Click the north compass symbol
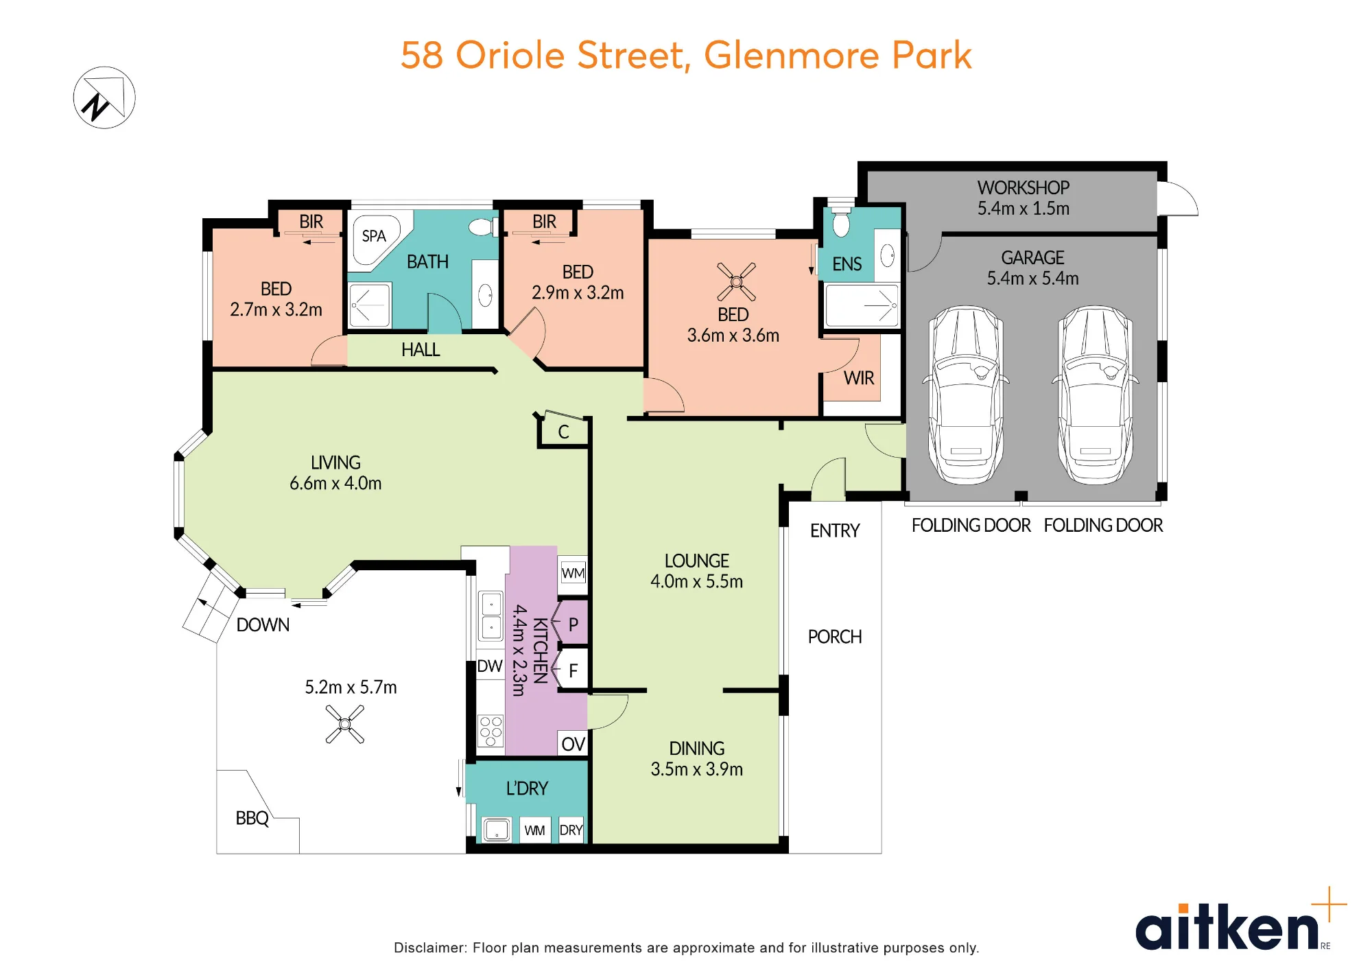point(104,97)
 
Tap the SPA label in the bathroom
point(374,236)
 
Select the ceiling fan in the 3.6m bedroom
point(736,281)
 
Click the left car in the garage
point(966,395)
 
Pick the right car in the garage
point(1096,395)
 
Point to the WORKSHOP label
point(1024,187)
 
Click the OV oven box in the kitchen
point(573,744)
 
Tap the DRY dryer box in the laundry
point(571,830)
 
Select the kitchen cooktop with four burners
point(490,732)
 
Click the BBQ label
point(252,818)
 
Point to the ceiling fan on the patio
point(345,724)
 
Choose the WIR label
point(859,378)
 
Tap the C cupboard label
point(564,432)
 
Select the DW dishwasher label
point(490,666)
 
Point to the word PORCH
point(835,637)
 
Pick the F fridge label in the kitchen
point(573,670)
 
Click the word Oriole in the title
point(510,55)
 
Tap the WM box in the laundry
point(534,830)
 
